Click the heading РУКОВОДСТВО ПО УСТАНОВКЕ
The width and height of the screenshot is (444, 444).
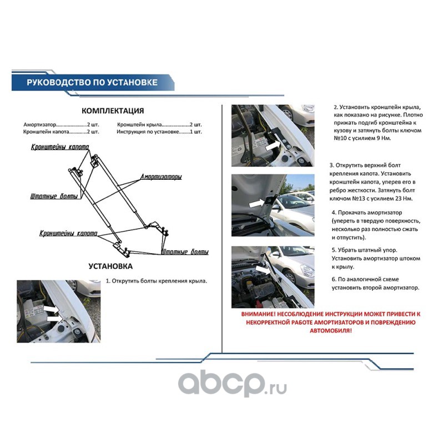coord(92,82)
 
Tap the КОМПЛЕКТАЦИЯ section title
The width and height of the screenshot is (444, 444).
coord(113,110)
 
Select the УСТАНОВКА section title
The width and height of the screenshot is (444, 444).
coord(110,266)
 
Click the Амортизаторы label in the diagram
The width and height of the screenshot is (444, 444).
coord(161,177)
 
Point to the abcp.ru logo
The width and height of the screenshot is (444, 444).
coord(232,384)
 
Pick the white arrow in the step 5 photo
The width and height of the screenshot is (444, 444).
coord(263,269)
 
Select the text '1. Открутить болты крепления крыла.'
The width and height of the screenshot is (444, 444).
coord(157,281)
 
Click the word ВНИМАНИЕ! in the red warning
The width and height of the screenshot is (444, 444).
coord(258,314)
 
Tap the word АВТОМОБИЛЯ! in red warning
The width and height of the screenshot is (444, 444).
coord(331,330)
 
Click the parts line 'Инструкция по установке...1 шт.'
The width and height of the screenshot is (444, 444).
coord(159,132)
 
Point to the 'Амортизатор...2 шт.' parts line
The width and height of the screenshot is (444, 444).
coord(61,124)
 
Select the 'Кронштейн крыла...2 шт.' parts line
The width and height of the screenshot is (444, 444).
coord(159,124)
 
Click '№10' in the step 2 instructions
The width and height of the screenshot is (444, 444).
coord(340,138)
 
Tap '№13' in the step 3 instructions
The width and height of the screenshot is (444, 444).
coord(359,199)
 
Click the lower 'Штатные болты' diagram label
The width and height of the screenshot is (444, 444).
coord(185,252)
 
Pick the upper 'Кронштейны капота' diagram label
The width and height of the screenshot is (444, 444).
coord(60,147)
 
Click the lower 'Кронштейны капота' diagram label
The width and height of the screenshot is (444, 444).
coord(68,233)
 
